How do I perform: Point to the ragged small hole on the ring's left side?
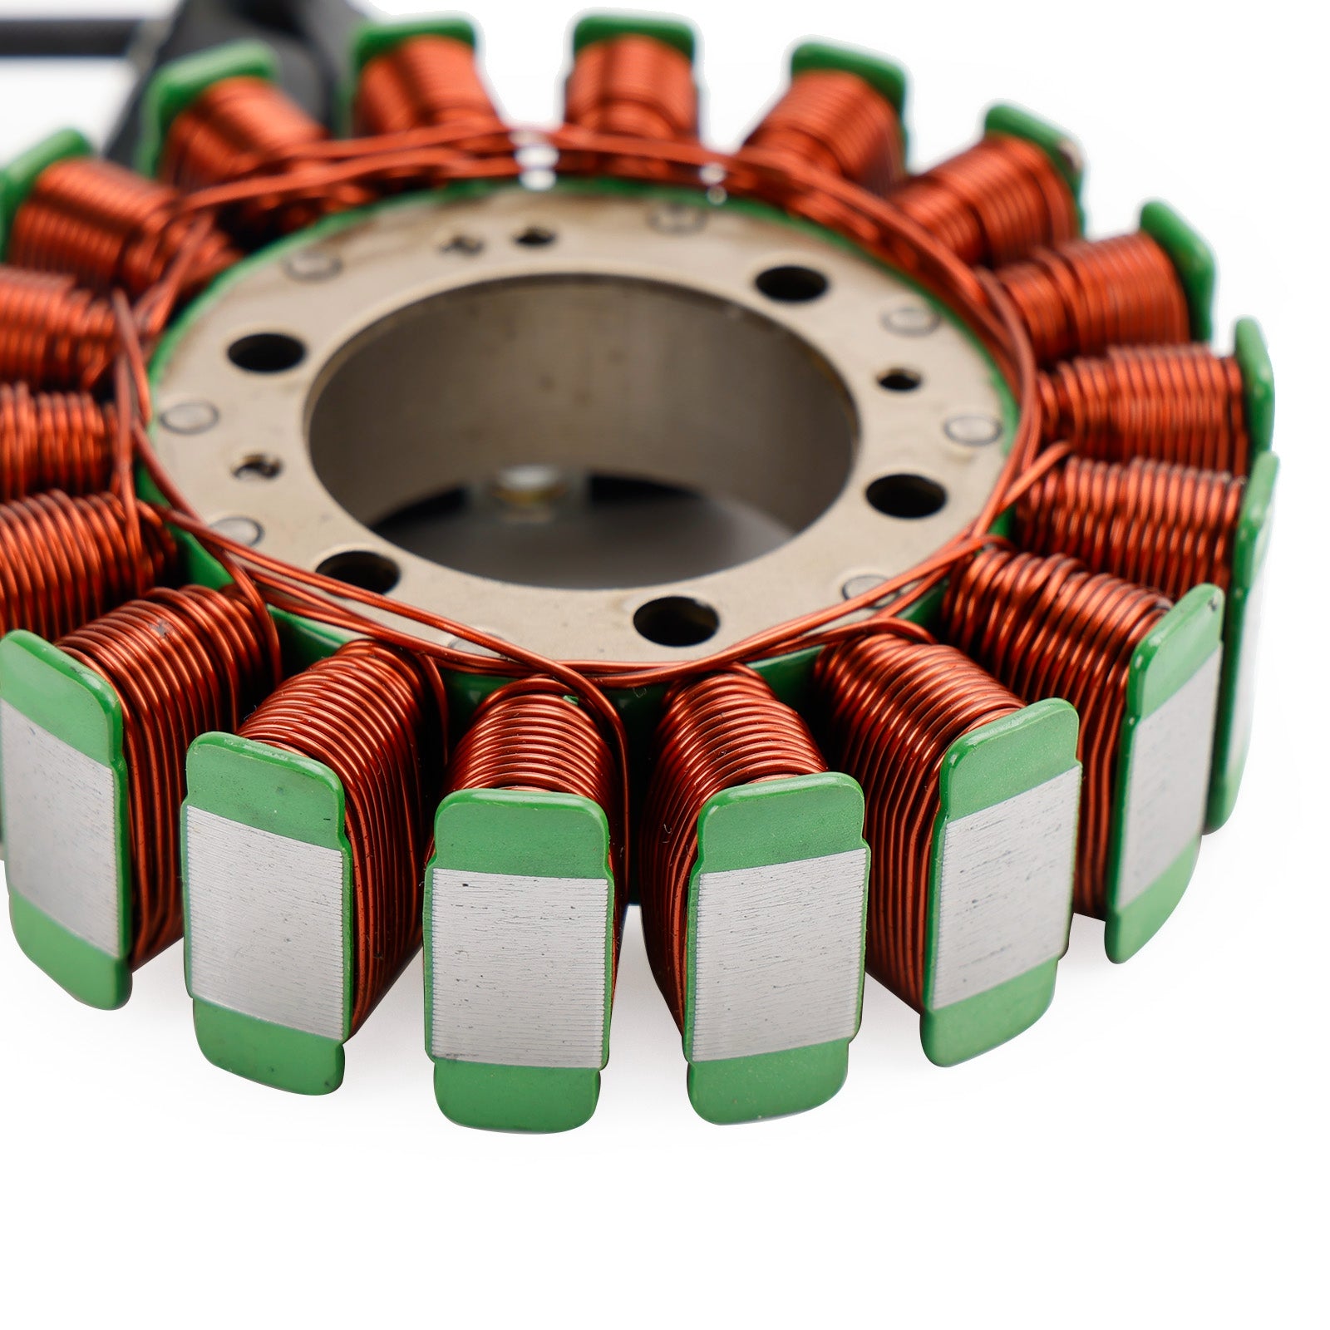tap(255, 469)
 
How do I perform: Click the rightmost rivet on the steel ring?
tap(973, 429)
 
